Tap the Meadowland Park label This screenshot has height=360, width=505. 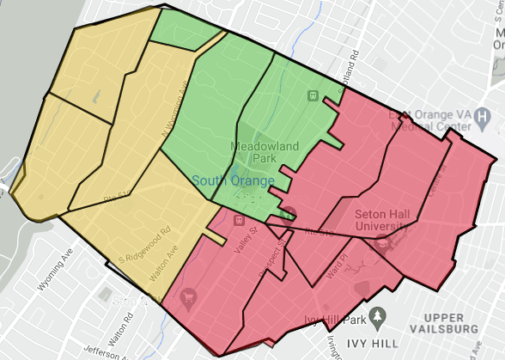click(264, 152)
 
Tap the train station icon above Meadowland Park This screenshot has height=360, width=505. click(313, 95)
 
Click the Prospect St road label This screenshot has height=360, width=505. click(273, 255)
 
